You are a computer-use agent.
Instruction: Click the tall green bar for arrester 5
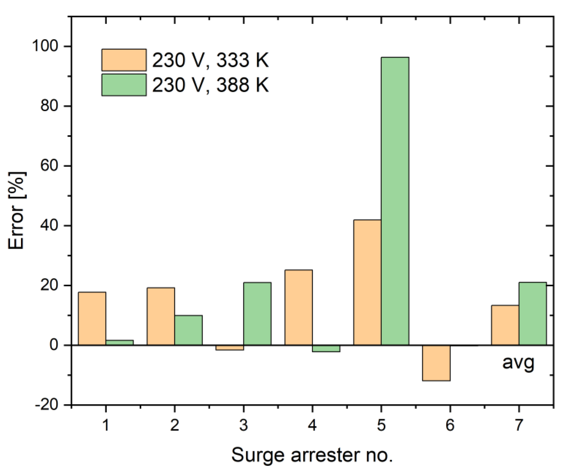click(x=395, y=201)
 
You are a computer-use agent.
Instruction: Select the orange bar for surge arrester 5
click(x=367, y=283)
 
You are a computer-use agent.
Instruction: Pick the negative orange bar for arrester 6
click(x=436, y=363)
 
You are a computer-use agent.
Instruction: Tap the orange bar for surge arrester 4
click(x=298, y=307)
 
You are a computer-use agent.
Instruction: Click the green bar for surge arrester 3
click(x=257, y=314)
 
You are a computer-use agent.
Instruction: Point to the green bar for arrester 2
click(x=188, y=330)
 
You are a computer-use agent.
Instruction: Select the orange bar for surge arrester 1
click(x=92, y=318)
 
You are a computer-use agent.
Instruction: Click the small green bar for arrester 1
click(x=120, y=343)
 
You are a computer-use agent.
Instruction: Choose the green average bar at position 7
click(x=533, y=314)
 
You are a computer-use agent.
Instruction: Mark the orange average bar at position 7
click(x=505, y=325)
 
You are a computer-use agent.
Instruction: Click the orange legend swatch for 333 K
click(x=124, y=60)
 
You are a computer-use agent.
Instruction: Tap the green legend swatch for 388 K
click(x=124, y=85)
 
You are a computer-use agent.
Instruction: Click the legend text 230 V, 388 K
click(x=210, y=85)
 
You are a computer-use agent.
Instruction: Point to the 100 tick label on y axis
click(x=45, y=46)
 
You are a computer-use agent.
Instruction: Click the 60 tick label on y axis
click(x=49, y=166)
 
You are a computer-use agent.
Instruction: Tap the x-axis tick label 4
click(x=312, y=425)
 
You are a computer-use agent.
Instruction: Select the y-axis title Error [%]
click(x=17, y=210)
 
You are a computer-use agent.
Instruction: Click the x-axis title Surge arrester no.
click(x=312, y=455)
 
